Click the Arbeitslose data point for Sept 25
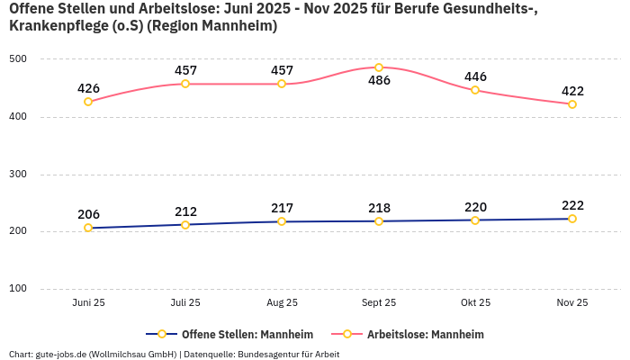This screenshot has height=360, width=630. [x=379, y=67]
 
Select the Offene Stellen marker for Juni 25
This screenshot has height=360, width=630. [x=88, y=228]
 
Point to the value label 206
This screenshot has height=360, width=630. [x=88, y=214]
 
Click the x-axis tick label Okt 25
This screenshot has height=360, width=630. [x=475, y=302]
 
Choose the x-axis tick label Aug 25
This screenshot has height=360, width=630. [x=282, y=302]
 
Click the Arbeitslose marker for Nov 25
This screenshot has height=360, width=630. [x=572, y=104]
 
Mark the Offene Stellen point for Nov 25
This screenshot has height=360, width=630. [x=572, y=219]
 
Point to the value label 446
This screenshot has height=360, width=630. [x=475, y=76]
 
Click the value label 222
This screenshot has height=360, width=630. [x=572, y=205]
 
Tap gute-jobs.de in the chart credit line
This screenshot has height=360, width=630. [x=61, y=354]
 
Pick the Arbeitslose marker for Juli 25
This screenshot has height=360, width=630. [x=185, y=84]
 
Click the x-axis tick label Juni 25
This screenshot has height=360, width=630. [x=88, y=302]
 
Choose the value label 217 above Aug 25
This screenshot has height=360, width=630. [x=282, y=208]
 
